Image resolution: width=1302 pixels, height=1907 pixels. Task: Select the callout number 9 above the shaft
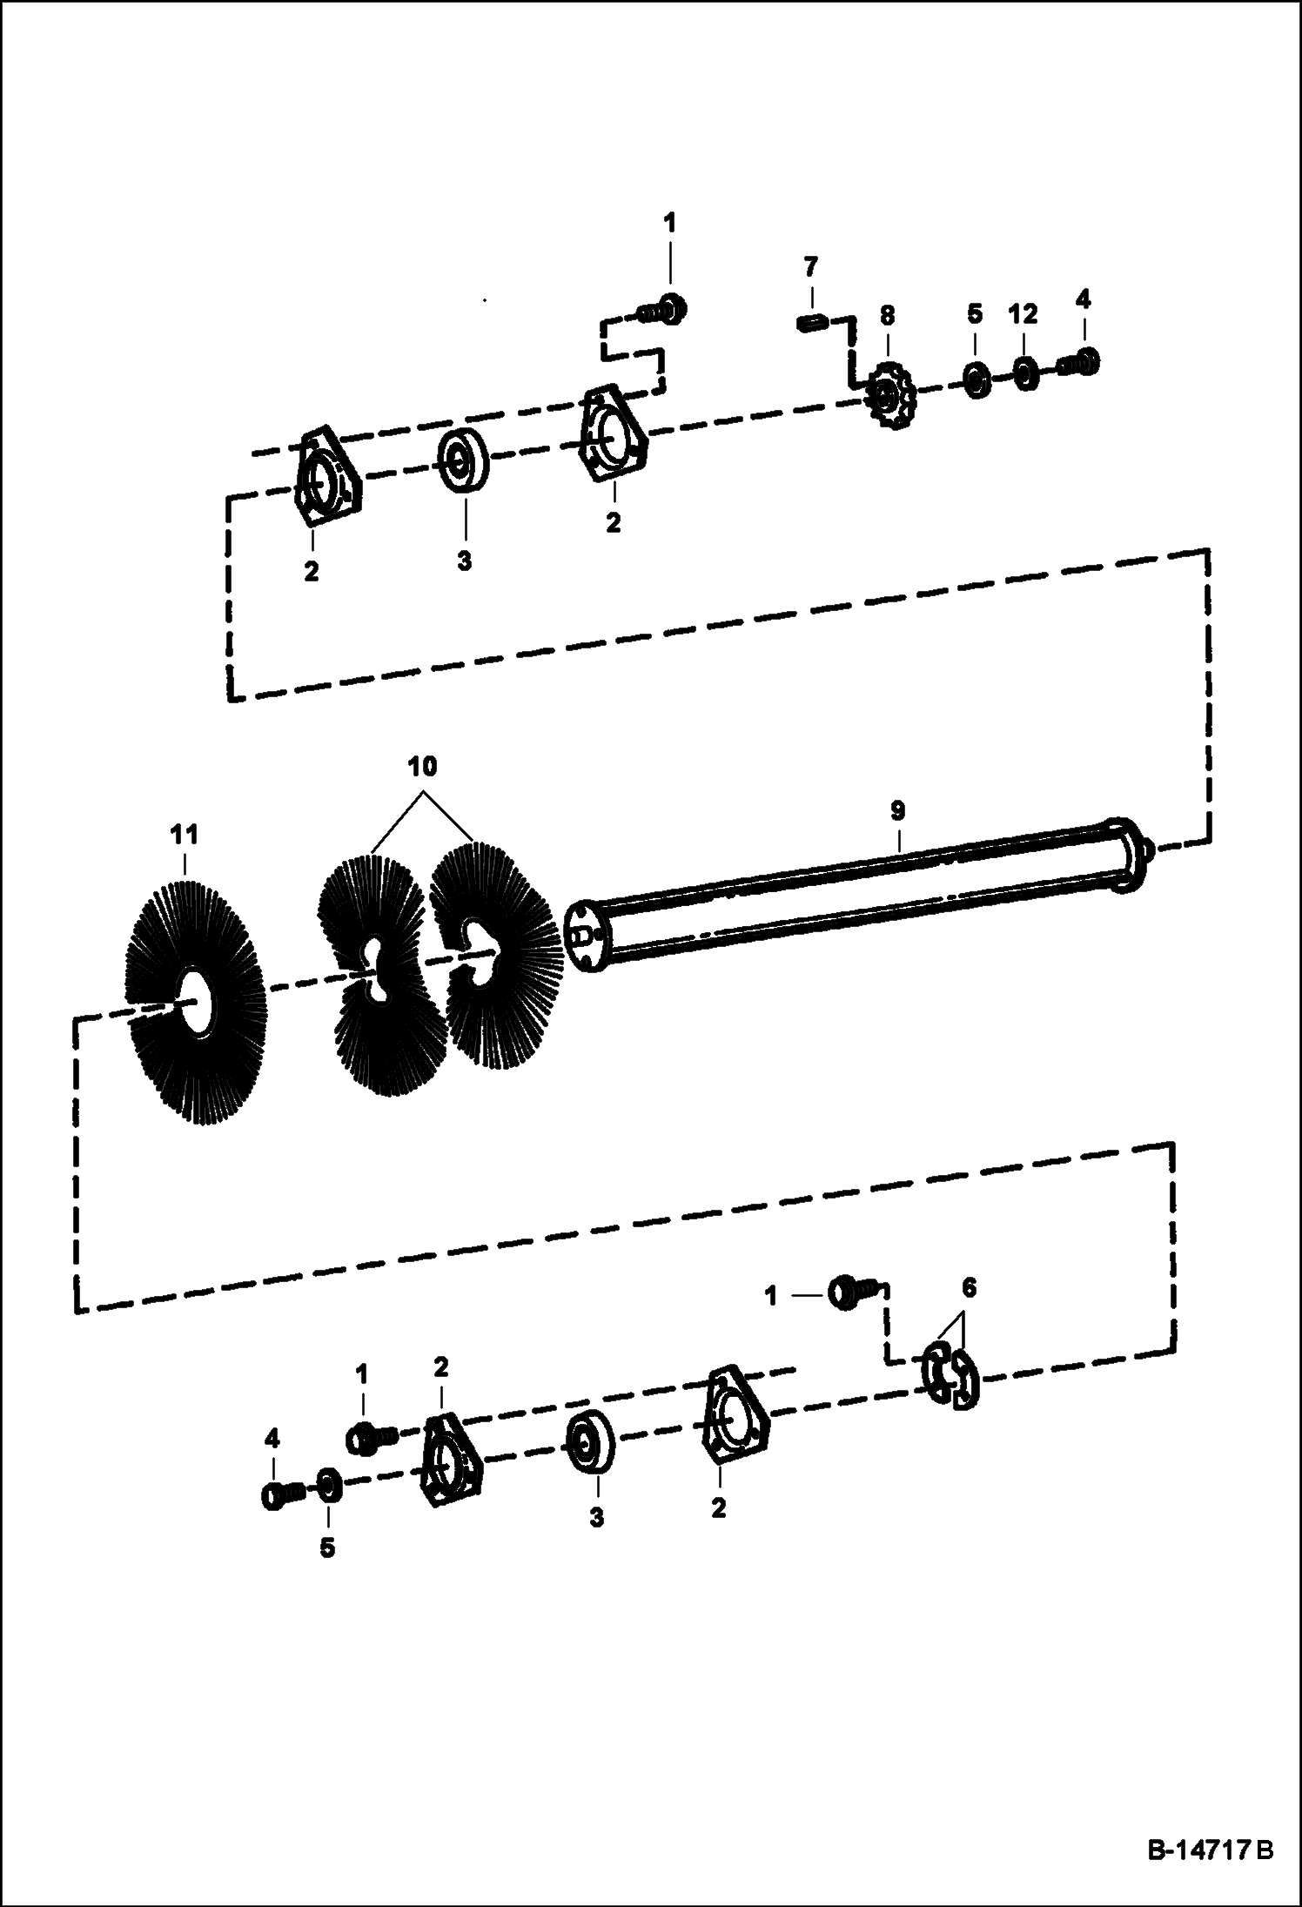[x=897, y=810]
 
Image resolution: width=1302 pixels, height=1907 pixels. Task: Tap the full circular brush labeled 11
[x=197, y=1005]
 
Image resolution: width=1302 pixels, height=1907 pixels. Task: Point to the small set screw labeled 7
[x=810, y=324]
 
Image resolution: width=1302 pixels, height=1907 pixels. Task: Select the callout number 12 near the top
[x=1023, y=315]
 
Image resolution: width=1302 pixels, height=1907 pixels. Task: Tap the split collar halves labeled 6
[x=950, y=1378]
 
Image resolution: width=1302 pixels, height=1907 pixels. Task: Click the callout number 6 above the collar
[x=969, y=1287]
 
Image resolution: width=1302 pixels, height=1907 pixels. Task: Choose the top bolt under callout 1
[x=661, y=311]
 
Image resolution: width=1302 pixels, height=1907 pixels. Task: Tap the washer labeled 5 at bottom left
[x=328, y=1485]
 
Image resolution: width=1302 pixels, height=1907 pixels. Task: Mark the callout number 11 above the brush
[x=185, y=836]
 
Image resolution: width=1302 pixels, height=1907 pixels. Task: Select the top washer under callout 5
[x=976, y=382]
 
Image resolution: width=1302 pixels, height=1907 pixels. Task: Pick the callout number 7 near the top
[x=810, y=264]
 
